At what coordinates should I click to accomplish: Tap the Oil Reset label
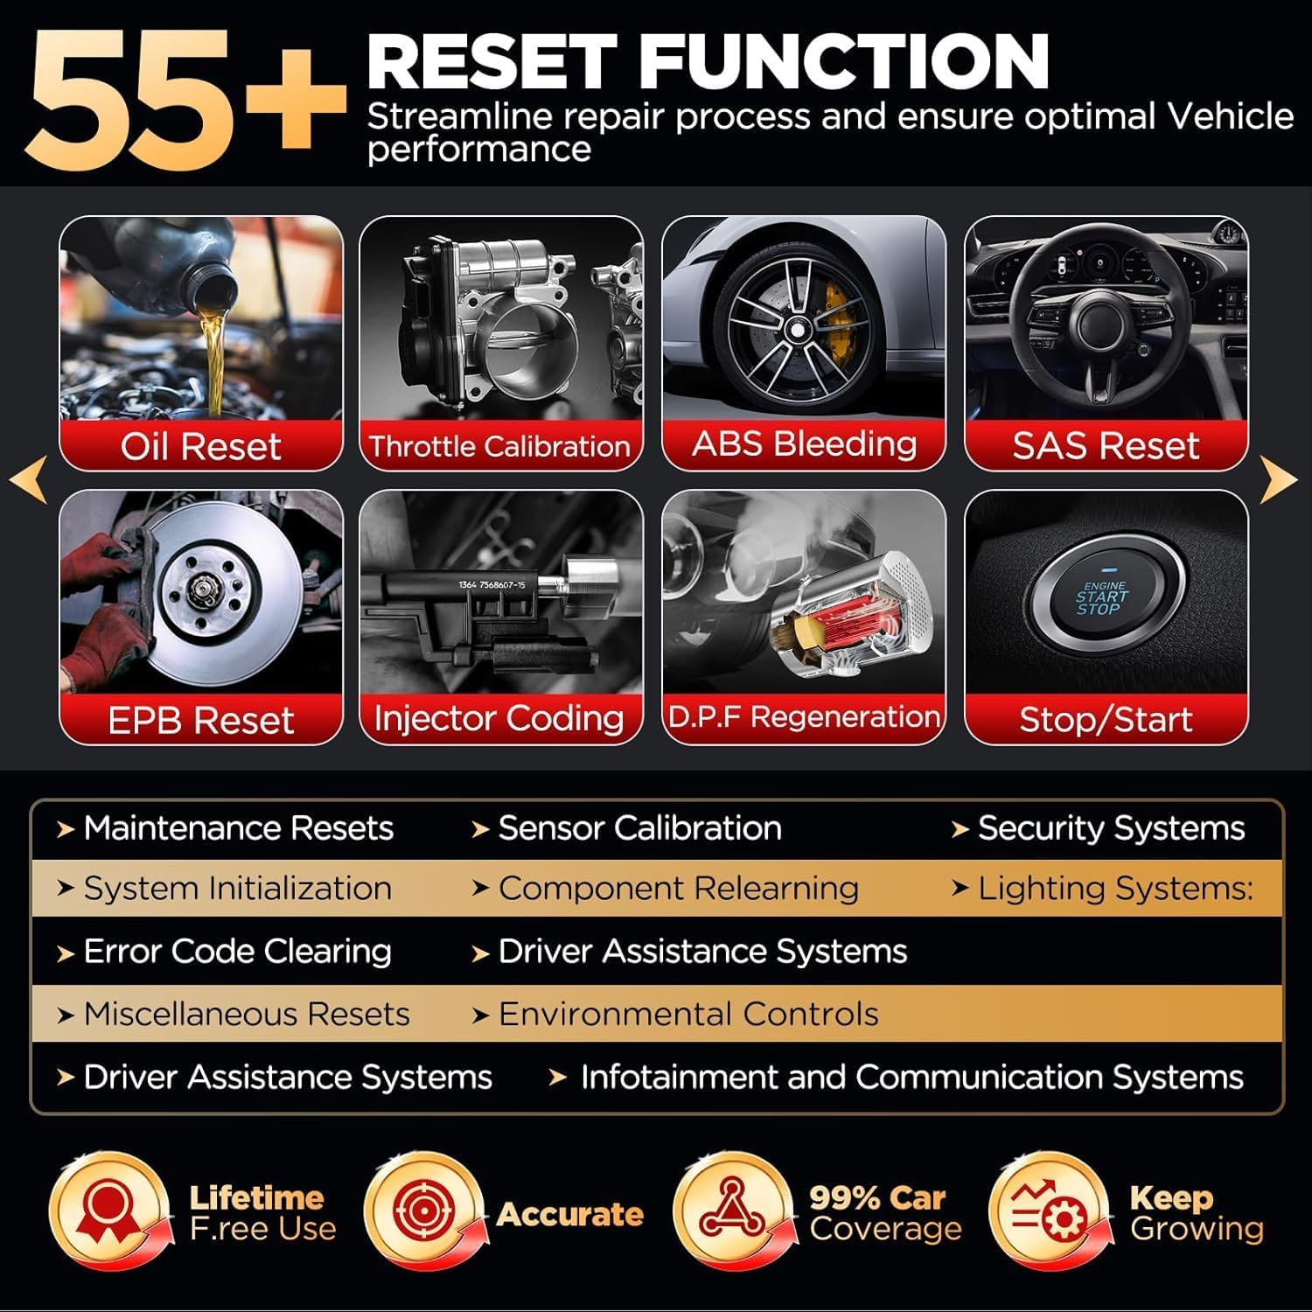tap(200, 446)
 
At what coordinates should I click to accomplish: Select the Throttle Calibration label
tap(499, 446)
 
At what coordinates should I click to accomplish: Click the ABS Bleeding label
tap(804, 443)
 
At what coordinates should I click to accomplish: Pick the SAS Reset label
tap(1106, 445)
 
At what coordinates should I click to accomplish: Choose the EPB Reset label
tap(200, 720)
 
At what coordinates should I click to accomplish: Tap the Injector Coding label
tap(499, 718)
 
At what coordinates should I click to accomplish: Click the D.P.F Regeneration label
tap(804, 717)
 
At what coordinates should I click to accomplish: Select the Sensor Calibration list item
tap(639, 828)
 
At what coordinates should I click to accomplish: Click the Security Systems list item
tap(1110, 828)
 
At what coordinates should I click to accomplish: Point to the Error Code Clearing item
tap(236, 952)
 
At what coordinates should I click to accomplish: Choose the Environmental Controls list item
tap(687, 1015)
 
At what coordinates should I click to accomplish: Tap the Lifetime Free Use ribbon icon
tap(108, 1212)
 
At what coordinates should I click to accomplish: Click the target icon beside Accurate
tap(423, 1212)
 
